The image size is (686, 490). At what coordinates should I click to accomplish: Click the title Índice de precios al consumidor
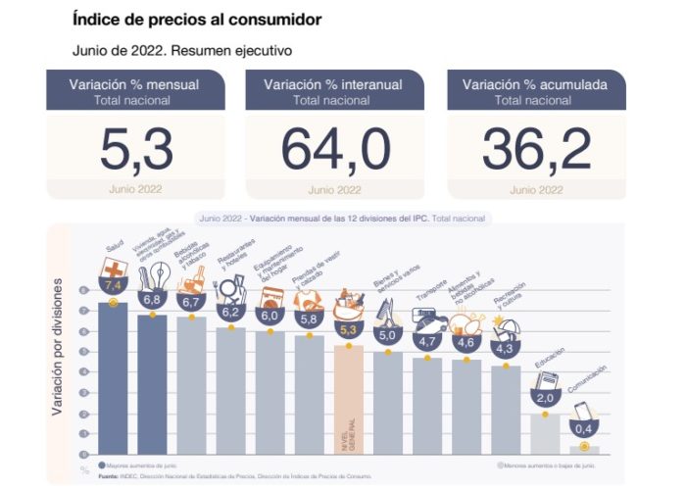coord(197,19)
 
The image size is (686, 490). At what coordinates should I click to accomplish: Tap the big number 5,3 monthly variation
coord(136,150)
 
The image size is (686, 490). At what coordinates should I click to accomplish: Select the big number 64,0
coord(335,150)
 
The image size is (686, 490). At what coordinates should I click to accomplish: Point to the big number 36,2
coord(536,150)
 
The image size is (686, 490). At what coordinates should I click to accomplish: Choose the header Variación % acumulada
coord(535,85)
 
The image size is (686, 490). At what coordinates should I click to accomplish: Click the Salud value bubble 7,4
coord(113,285)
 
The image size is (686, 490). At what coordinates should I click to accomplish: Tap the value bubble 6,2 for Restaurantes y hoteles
coord(230,312)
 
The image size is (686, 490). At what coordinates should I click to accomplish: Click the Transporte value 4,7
coord(427,342)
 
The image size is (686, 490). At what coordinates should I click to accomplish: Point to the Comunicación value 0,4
coord(585,429)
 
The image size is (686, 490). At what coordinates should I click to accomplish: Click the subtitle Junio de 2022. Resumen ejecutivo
coord(182,49)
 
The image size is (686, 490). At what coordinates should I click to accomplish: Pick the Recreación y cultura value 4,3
coord(506,346)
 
